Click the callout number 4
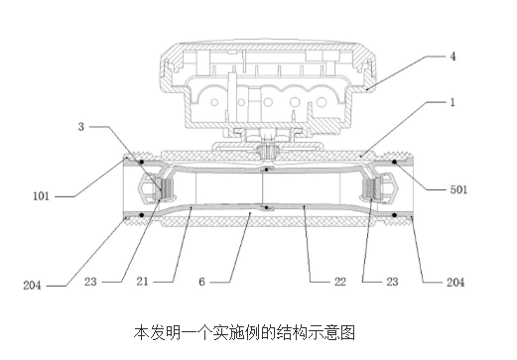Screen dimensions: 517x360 click(x=452, y=57)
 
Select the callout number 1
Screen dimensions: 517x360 click(x=452, y=102)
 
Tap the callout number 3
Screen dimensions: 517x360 click(x=81, y=127)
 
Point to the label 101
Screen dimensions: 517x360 click(x=41, y=196)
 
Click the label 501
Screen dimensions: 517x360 click(x=458, y=189)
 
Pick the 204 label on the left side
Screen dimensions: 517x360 click(x=32, y=286)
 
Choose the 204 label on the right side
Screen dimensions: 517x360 click(x=455, y=283)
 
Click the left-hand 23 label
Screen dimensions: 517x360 click(x=90, y=282)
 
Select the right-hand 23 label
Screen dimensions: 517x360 click(x=392, y=282)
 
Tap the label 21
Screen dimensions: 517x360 click(x=143, y=282)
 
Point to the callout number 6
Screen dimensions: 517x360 click(x=201, y=282)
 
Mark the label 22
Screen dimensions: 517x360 click(x=340, y=282)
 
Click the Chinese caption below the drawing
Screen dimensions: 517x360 click(x=244, y=332)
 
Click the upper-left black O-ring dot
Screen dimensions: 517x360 click(x=142, y=162)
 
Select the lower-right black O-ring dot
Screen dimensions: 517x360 click(x=394, y=215)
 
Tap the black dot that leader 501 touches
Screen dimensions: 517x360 click(x=394, y=162)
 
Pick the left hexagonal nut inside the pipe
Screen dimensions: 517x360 click(x=145, y=188)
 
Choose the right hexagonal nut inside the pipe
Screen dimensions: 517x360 click(x=390, y=187)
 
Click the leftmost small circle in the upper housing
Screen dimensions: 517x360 click(x=214, y=102)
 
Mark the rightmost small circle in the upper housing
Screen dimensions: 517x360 click(x=322, y=102)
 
